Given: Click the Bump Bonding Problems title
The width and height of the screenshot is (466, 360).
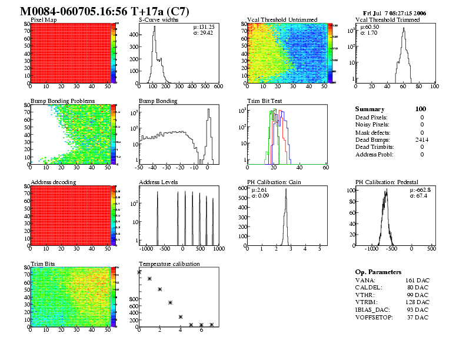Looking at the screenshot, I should click(x=62, y=101).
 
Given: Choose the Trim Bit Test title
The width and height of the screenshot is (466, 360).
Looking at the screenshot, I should click(x=264, y=101).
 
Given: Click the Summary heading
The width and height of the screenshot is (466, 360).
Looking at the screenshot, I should click(x=370, y=109).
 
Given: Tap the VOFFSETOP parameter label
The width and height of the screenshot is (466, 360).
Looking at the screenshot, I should click(x=374, y=317).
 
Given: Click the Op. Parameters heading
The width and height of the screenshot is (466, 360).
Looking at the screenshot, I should click(x=378, y=272).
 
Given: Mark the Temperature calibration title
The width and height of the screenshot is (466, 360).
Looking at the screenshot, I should click(x=169, y=264).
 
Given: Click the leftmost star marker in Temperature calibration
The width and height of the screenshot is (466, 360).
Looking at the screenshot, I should click(x=139, y=272).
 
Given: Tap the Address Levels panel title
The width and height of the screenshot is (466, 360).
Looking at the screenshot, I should click(x=158, y=182).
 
